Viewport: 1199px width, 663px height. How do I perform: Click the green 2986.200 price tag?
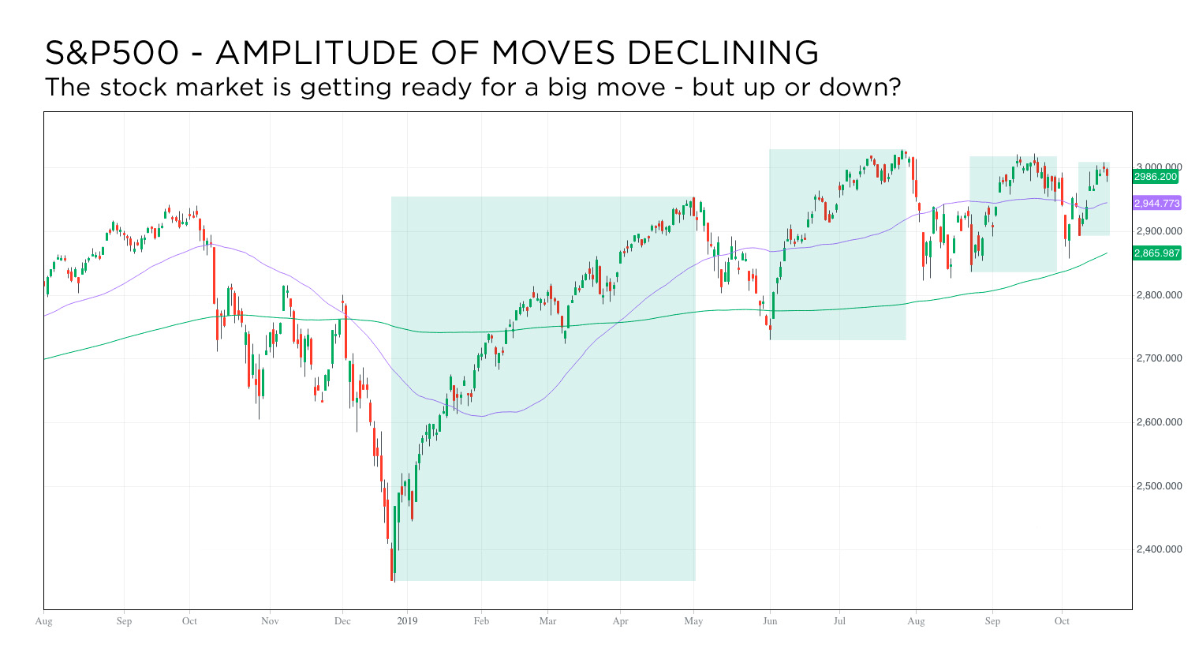tap(1156, 177)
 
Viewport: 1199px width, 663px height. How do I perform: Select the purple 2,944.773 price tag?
tap(1156, 204)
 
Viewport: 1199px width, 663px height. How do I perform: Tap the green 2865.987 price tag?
tap(1156, 253)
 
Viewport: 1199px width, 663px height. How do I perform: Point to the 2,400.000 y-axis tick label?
tap(1159, 549)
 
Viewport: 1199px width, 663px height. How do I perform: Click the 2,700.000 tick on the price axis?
tap(1159, 358)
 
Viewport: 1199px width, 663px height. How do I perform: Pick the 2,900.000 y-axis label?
tap(1159, 231)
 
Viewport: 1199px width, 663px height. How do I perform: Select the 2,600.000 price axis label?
tap(1159, 422)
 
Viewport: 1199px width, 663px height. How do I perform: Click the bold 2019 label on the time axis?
tap(407, 621)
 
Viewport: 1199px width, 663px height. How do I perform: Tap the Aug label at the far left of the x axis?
tap(44, 621)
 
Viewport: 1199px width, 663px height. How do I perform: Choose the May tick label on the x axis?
tap(694, 621)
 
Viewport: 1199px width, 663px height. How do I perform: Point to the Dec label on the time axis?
tap(342, 621)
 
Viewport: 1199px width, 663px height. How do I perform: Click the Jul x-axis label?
tap(839, 621)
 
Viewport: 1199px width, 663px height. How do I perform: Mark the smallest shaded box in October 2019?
tap(1094, 199)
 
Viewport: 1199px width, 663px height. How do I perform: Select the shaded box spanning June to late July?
tap(837, 245)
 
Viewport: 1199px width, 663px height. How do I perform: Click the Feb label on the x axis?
tap(481, 621)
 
